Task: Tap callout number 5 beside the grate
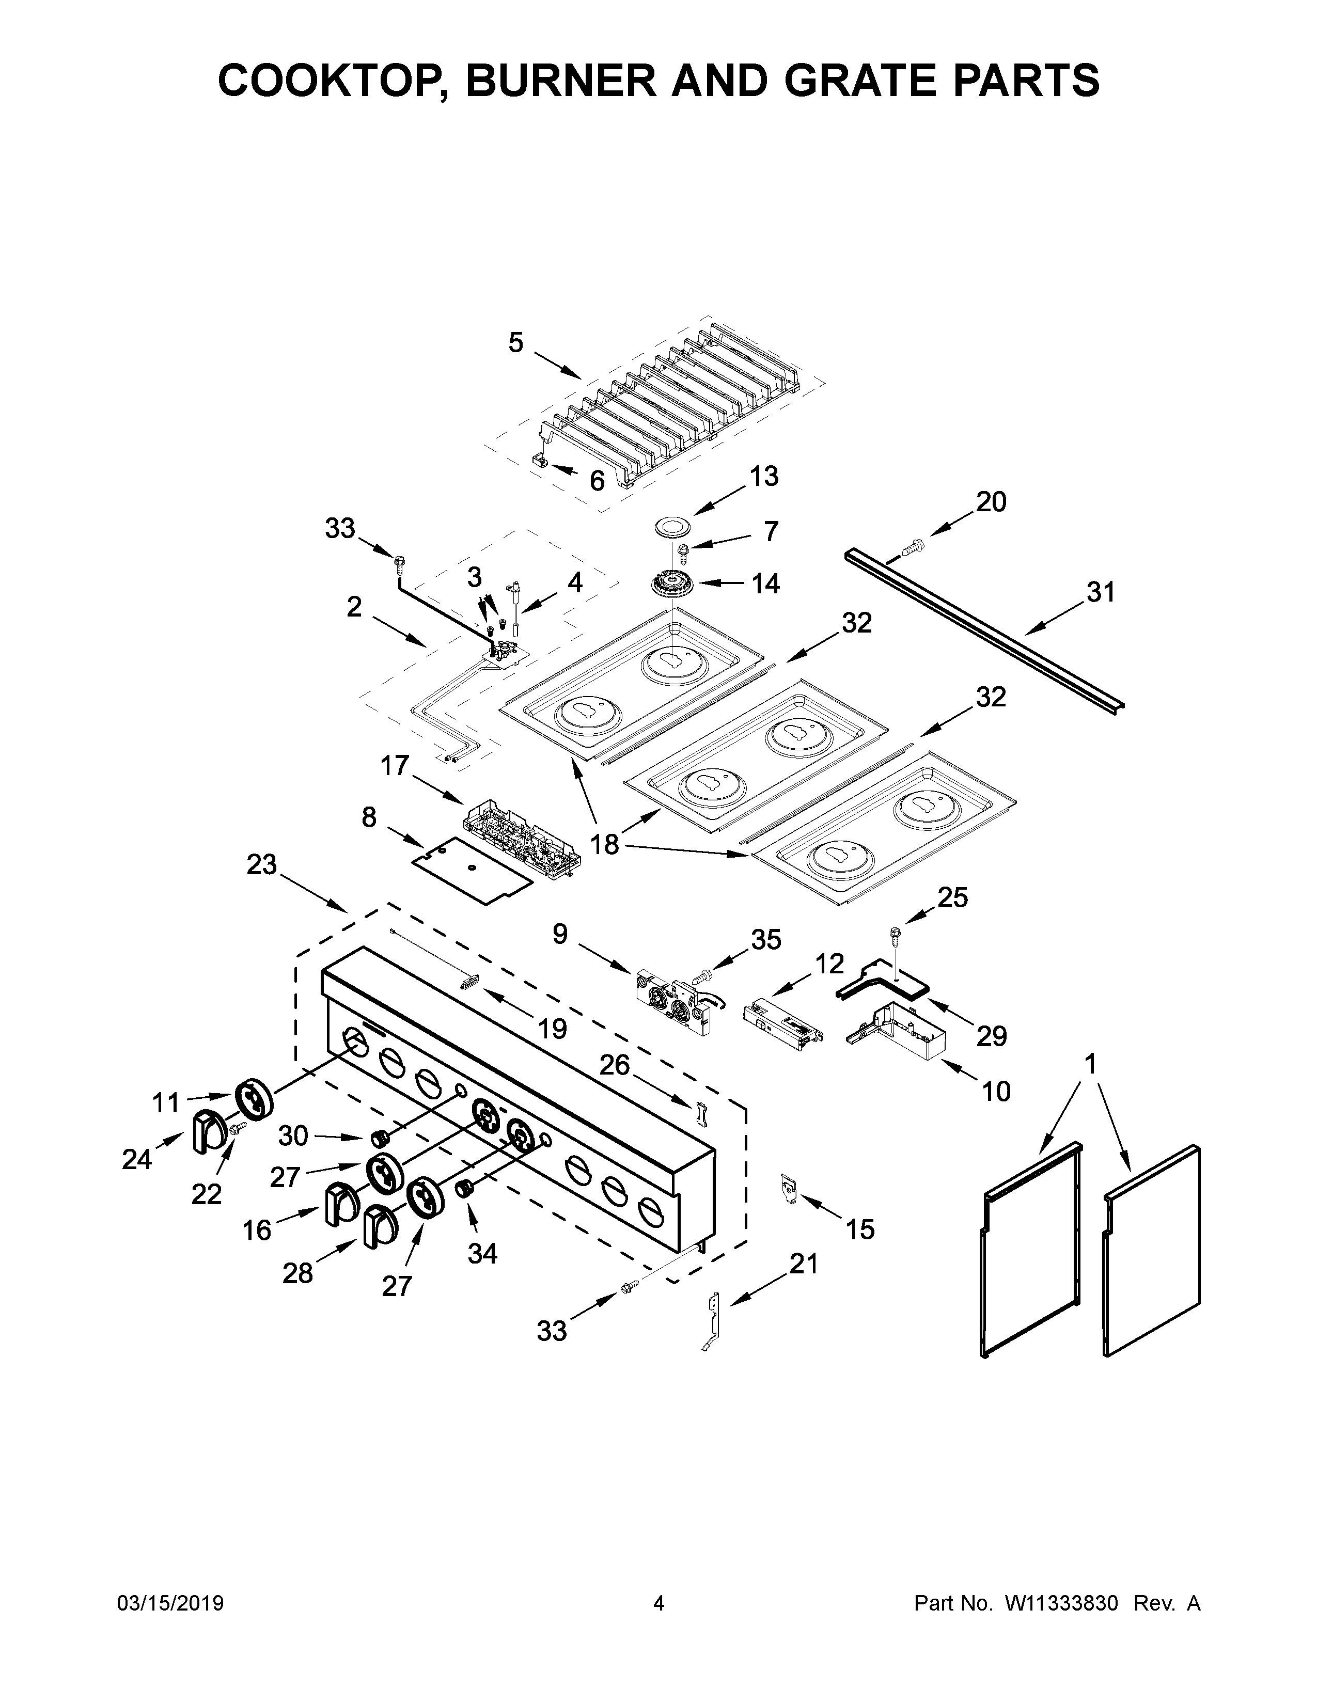[x=516, y=342]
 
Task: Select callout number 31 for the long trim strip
[x=1100, y=593]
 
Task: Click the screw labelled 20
[x=911, y=547]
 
